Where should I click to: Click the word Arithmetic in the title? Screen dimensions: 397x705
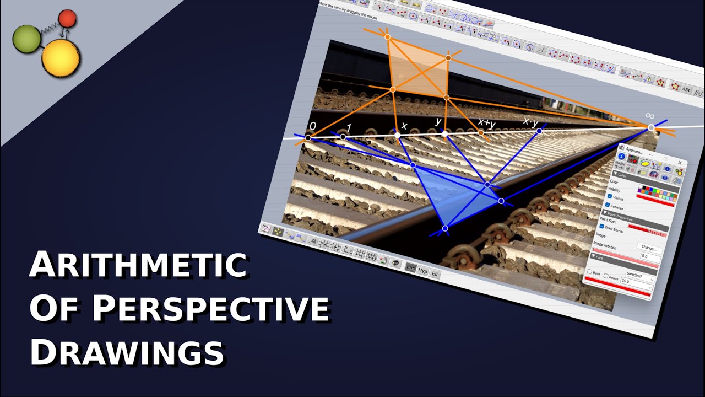click(138, 266)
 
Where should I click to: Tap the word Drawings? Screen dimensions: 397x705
click(127, 351)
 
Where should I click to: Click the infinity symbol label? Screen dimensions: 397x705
click(650, 116)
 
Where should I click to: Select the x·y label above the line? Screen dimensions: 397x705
click(530, 122)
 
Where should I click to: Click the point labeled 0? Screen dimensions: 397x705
click(308, 138)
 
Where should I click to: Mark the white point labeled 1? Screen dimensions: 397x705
click(343, 137)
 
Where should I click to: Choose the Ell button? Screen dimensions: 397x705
click(435, 274)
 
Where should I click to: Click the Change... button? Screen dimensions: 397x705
click(648, 249)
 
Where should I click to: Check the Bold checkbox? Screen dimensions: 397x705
click(589, 272)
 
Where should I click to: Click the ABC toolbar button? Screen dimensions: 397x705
click(686, 89)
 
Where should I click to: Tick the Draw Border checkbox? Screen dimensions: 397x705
click(602, 227)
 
